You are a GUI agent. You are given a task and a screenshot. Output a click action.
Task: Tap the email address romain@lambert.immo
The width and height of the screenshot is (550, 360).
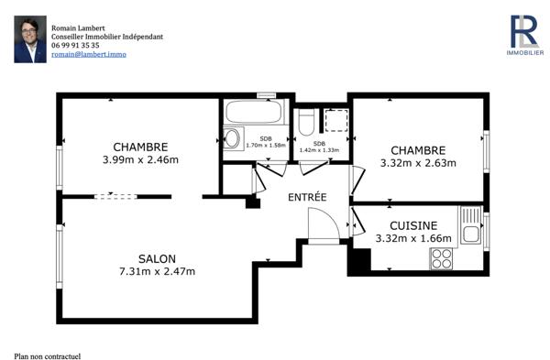tap(89, 54)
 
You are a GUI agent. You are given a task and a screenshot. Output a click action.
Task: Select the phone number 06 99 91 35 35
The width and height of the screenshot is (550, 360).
tap(75, 45)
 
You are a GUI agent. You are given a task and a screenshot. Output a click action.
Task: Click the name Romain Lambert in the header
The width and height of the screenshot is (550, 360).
tap(78, 27)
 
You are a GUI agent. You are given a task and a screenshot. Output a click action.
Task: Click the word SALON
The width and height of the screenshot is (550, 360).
tap(157, 258)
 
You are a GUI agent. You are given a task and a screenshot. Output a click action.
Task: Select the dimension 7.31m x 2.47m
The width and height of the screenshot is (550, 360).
tap(157, 271)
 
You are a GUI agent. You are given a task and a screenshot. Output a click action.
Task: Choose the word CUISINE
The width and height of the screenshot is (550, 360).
tap(412, 225)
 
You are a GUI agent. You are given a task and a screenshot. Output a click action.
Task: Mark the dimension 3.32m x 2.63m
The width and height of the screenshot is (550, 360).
tap(418, 164)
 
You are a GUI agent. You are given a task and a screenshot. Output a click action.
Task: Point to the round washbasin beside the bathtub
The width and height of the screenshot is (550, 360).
tap(233, 139)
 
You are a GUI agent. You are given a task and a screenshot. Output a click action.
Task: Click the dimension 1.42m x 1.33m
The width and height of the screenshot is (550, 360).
tap(320, 150)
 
